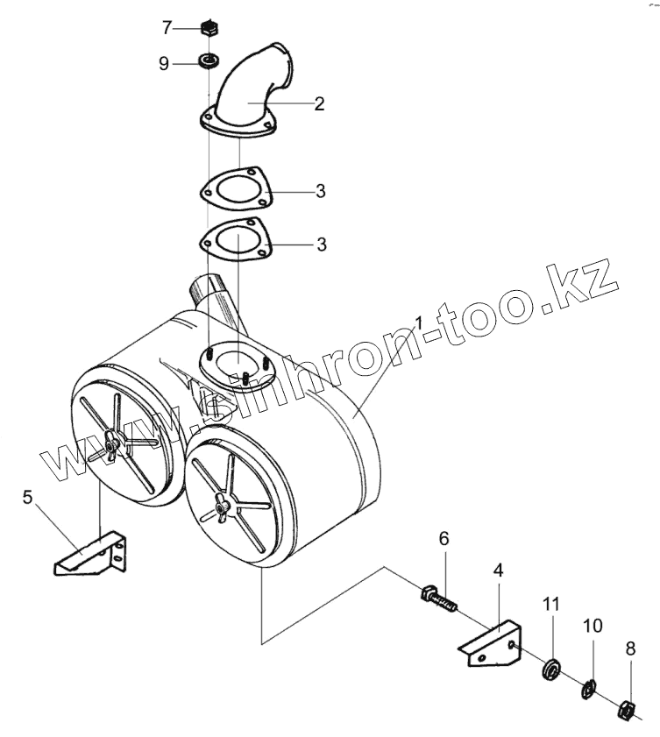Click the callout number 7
(167, 27)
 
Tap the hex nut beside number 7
(209, 27)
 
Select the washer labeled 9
(209, 61)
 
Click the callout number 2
(319, 103)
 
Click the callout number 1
(418, 323)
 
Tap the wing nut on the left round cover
(110, 445)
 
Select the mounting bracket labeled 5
(91, 556)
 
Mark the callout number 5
(27, 499)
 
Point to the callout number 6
(444, 539)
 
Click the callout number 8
(630, 649)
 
